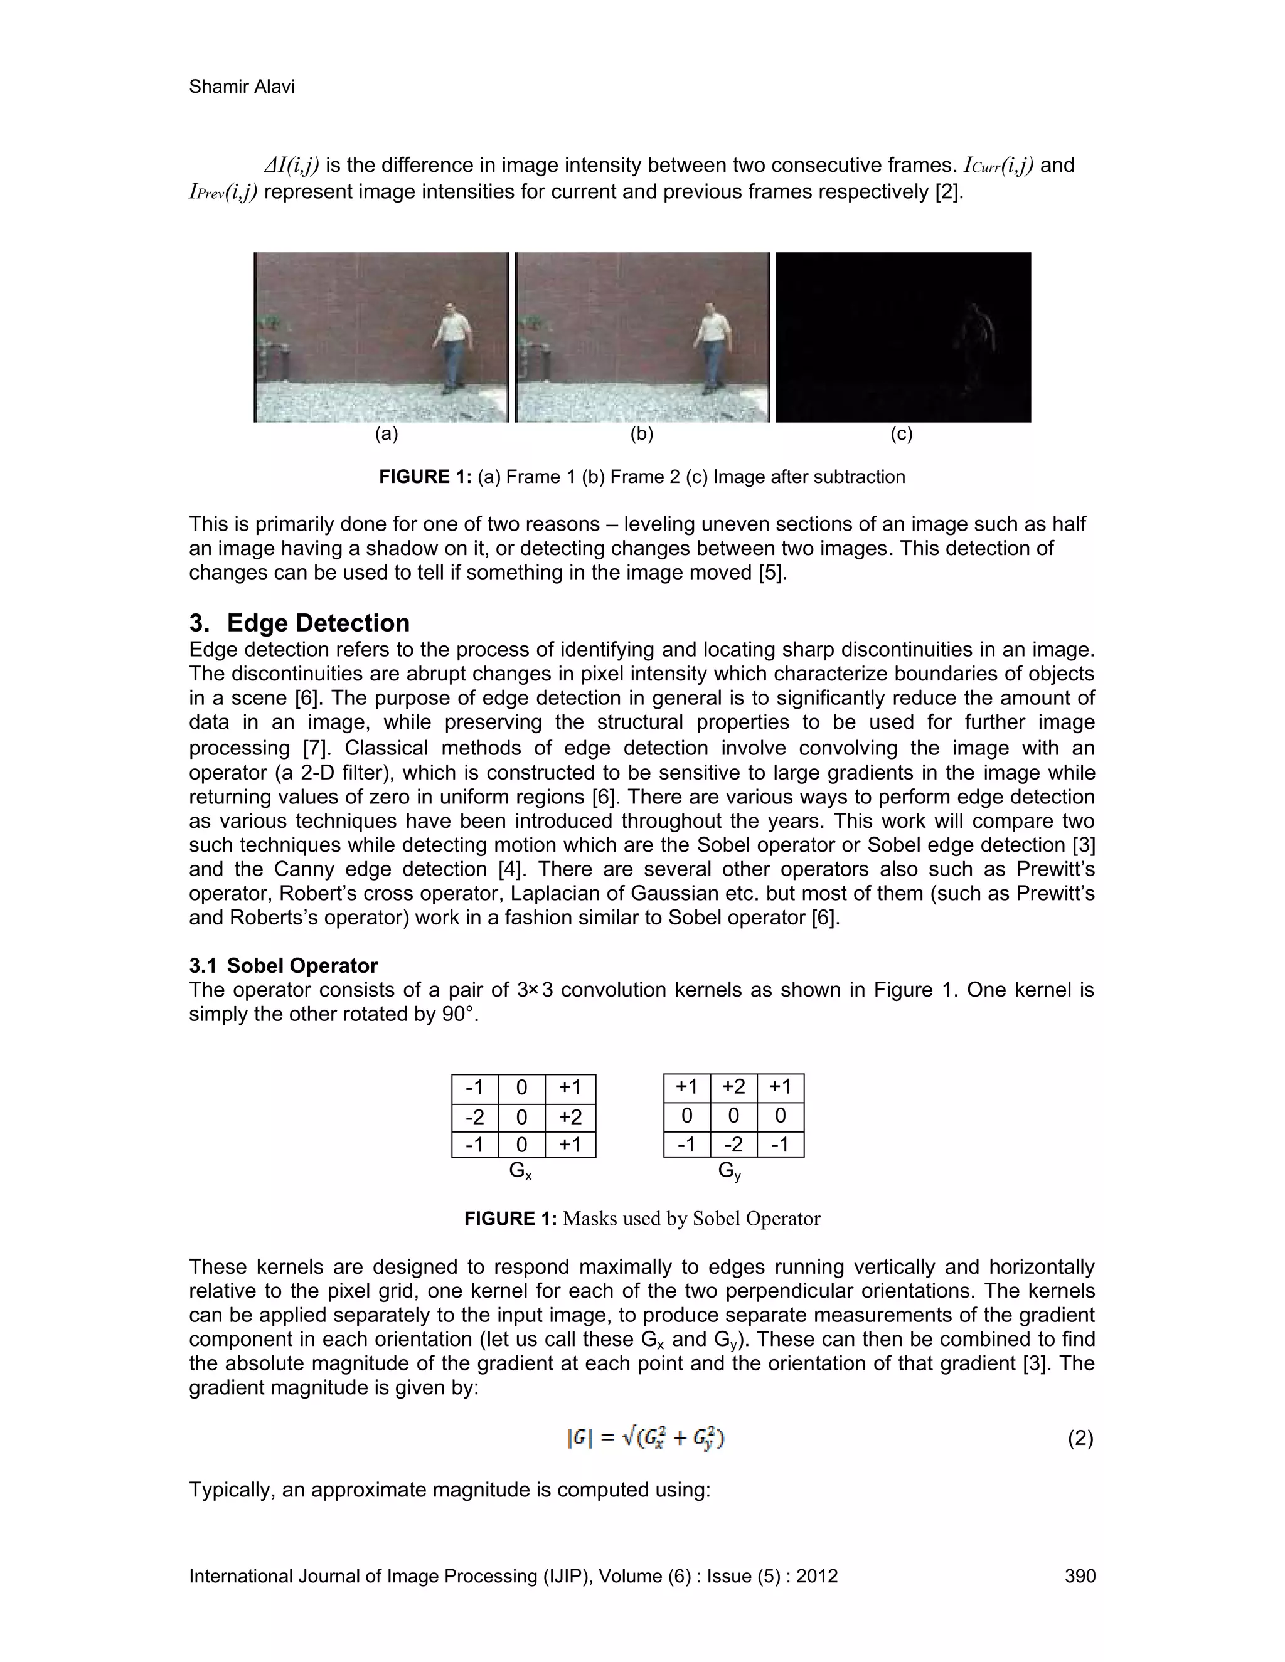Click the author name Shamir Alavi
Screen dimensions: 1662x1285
tap(242, 87)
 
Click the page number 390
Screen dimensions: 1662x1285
tap(1079, 1576)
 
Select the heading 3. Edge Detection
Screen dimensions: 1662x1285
tap(299, 623)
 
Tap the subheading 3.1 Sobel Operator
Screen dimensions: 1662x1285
tap(283, 966)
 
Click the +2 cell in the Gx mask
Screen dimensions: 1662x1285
tap(570, 1117)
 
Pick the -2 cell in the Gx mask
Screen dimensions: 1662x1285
tap(474, 1117)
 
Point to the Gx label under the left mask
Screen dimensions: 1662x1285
tap(521, 1171)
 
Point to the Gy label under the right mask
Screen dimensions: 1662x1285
tap(729, 1171)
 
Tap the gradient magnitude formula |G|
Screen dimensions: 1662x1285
tap(645, 1438)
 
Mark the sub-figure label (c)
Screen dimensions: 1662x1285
tap(902, 434)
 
